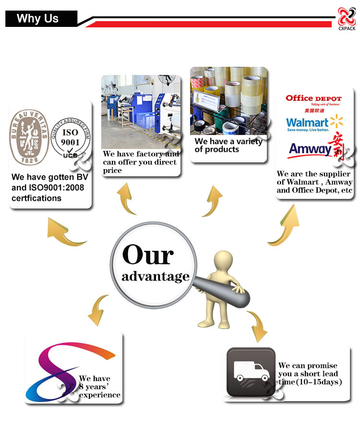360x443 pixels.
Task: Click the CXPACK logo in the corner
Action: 347,19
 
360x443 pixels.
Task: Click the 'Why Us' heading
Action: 37,19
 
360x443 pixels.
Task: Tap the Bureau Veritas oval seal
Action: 29,137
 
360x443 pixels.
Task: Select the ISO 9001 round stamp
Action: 71,138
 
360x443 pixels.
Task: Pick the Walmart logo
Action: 314,123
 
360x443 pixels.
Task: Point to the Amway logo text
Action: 310,148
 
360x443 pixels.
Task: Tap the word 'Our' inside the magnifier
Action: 148,255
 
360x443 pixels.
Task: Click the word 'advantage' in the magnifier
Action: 156,277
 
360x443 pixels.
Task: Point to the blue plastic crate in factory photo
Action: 146,120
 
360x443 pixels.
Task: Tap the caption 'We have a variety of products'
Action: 228,145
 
